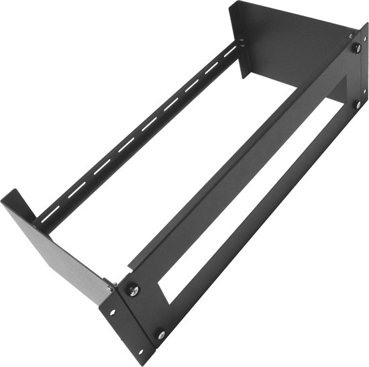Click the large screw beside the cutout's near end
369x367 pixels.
pyautogui.click(x=133, y=291)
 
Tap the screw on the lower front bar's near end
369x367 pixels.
pyautogui.click(x=161, y=333)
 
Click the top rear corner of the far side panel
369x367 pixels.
pyautogui.click(x=234, y=3)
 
